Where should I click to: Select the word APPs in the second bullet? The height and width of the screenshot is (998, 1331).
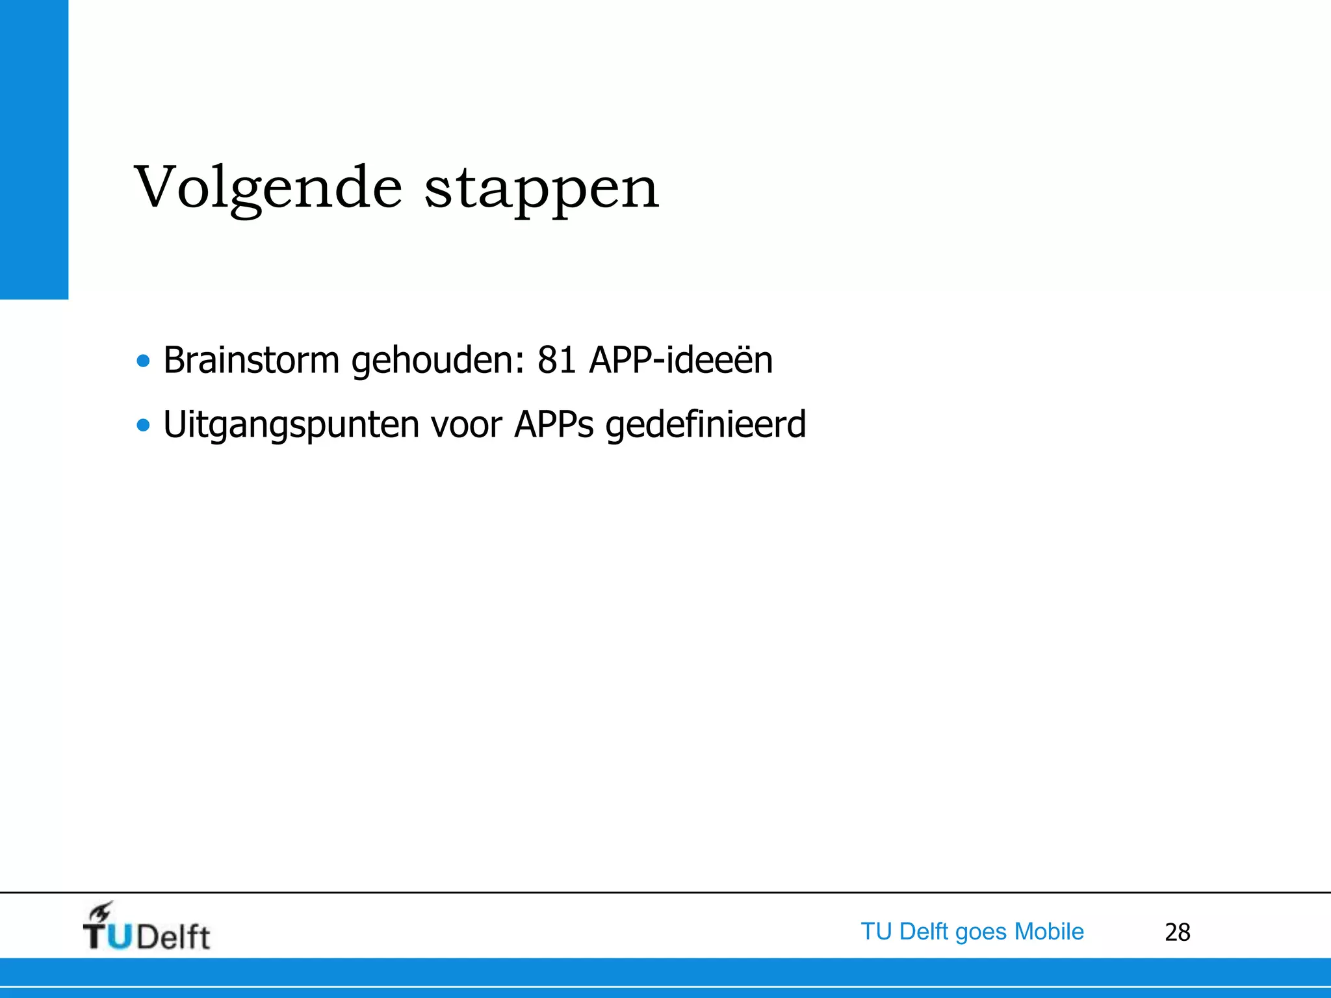point(554,426)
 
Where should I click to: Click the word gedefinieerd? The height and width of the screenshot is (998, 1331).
point(705,426)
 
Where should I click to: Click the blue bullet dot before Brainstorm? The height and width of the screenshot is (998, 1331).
point(143,361)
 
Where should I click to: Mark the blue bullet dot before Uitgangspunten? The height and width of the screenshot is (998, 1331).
point(143,426)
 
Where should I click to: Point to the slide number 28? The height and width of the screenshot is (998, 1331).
point(1177,932)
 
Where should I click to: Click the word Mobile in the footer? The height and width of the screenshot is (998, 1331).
point(1049,932)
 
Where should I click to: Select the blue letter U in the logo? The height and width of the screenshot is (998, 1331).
point(120,937)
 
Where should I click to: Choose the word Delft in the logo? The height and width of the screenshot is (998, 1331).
point(174,937)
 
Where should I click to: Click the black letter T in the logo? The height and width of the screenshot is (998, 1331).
point(95,937)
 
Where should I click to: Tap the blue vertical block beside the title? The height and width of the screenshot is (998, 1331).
point(34,149)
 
